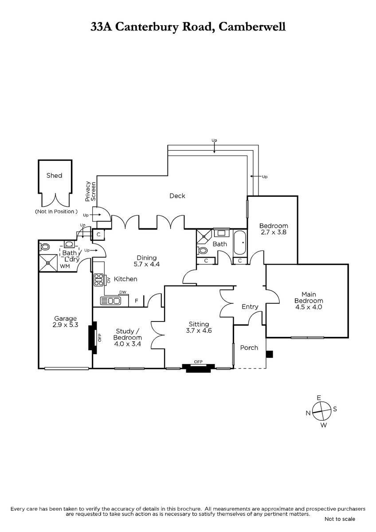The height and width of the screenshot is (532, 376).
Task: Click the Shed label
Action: coord(54,176)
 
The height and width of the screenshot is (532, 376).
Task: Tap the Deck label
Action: coord(177,196)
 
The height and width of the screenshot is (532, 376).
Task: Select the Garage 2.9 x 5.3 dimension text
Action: coord(65,325)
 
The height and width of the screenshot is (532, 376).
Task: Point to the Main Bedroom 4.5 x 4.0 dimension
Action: coord(309,307)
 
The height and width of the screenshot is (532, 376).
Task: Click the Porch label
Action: coord(249,348)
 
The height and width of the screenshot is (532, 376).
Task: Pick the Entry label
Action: coord(250,307)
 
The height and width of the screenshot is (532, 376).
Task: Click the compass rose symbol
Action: coord(321,411)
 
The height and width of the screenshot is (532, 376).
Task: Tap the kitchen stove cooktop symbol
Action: coord(98,280)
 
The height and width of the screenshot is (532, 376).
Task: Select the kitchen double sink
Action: coord(110,301)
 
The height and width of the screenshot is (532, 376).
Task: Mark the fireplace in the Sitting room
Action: coord(198,368)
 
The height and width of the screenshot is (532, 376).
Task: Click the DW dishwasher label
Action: coord(123,292)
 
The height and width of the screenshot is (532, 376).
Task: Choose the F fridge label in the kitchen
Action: coord(136,301)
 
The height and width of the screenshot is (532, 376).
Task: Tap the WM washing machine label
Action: coord(65,266)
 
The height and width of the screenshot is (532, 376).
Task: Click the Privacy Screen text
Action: coord(90,192)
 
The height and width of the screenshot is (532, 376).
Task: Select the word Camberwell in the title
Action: coord(252,27)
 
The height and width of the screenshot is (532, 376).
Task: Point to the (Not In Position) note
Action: coord(56,211)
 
